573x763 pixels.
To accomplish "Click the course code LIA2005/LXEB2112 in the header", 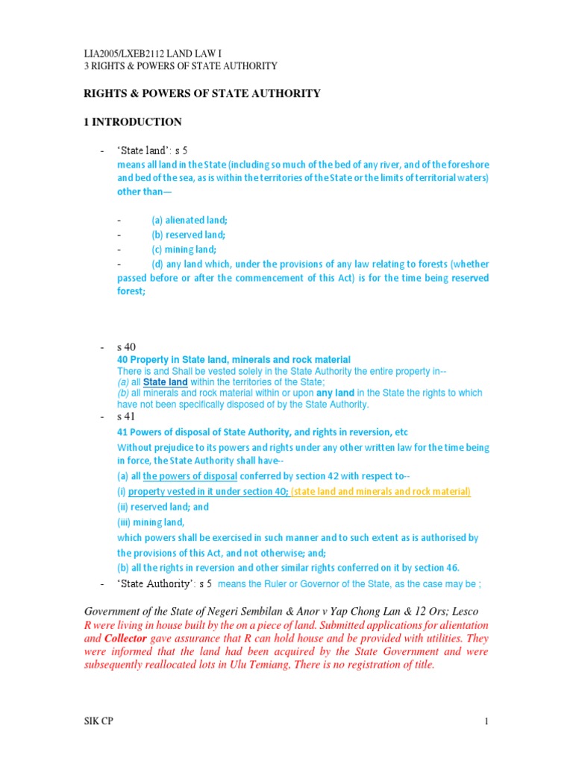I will click(126, 54).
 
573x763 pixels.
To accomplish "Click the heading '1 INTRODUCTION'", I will click(132, 122).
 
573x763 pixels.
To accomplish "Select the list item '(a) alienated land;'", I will click(190, 221).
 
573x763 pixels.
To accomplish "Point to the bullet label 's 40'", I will click(125, 347).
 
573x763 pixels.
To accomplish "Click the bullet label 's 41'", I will click(125, 417).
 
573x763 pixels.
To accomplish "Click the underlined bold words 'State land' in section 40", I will click(165, 382).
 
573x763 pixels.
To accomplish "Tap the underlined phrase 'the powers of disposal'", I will click(190, 477).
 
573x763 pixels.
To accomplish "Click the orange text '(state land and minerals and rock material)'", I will click(381, 492).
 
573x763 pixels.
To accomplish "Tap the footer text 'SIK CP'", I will click(99, 721).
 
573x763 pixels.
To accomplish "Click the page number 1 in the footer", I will click(485, 721).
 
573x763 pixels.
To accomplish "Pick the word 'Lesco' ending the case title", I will click(472, 612).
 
